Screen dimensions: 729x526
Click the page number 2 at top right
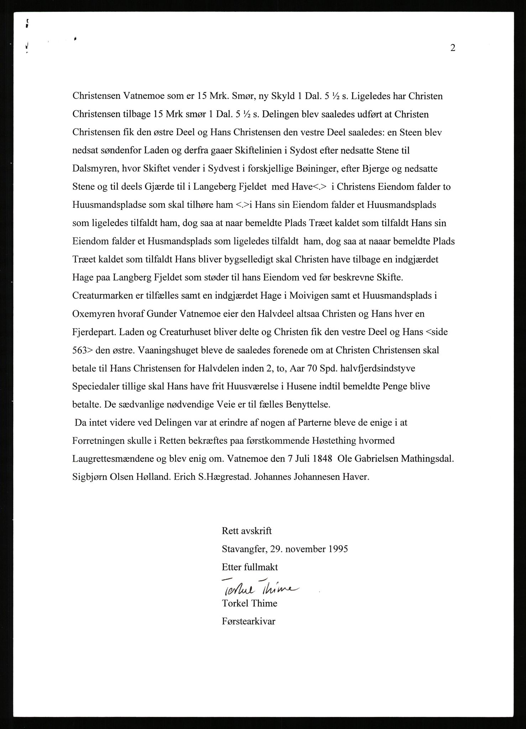pyautogui.click(x=453, y=48)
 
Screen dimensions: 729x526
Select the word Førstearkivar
pyautogui.click(x=249, y=622)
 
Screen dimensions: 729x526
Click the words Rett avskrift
pyautogui.click(x=246, y=531)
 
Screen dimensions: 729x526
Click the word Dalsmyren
pyautogui.click(x=95, y=169)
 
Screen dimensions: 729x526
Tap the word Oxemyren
pyautogui.click(x=93, y=314)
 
